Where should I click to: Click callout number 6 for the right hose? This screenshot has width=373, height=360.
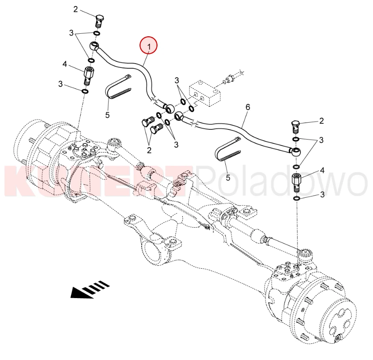[248, 107]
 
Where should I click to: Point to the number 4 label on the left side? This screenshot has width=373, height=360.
[65, 64]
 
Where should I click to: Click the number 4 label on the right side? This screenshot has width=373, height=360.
[322, 170]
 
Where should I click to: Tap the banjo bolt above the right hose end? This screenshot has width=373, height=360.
[295, 127]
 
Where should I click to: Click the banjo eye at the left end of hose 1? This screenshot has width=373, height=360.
[94, 45]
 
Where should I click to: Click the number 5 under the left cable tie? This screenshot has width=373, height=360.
[108, 115]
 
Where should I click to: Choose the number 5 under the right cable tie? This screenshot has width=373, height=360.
[228, 177]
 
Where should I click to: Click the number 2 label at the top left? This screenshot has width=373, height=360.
[76, 9]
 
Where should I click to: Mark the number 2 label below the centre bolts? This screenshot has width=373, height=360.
[149, 150]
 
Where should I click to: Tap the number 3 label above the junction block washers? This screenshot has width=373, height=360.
[177, 80]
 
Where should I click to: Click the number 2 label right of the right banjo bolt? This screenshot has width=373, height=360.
[322, 121]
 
